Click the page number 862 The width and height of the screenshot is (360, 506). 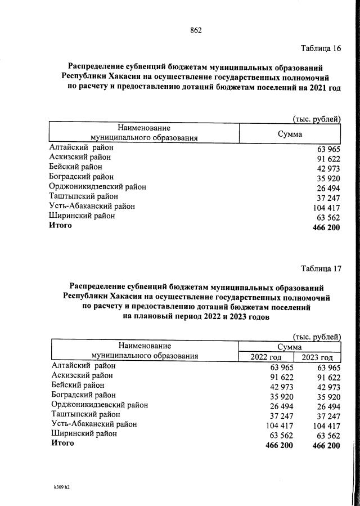point(196,30)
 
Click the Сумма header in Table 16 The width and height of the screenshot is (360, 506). point(290,135)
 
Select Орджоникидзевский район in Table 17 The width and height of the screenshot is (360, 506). point(100,404)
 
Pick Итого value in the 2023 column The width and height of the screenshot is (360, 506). point(326,445)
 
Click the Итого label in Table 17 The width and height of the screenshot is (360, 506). point(62,444)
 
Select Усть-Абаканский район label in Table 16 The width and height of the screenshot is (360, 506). point(92,206)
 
